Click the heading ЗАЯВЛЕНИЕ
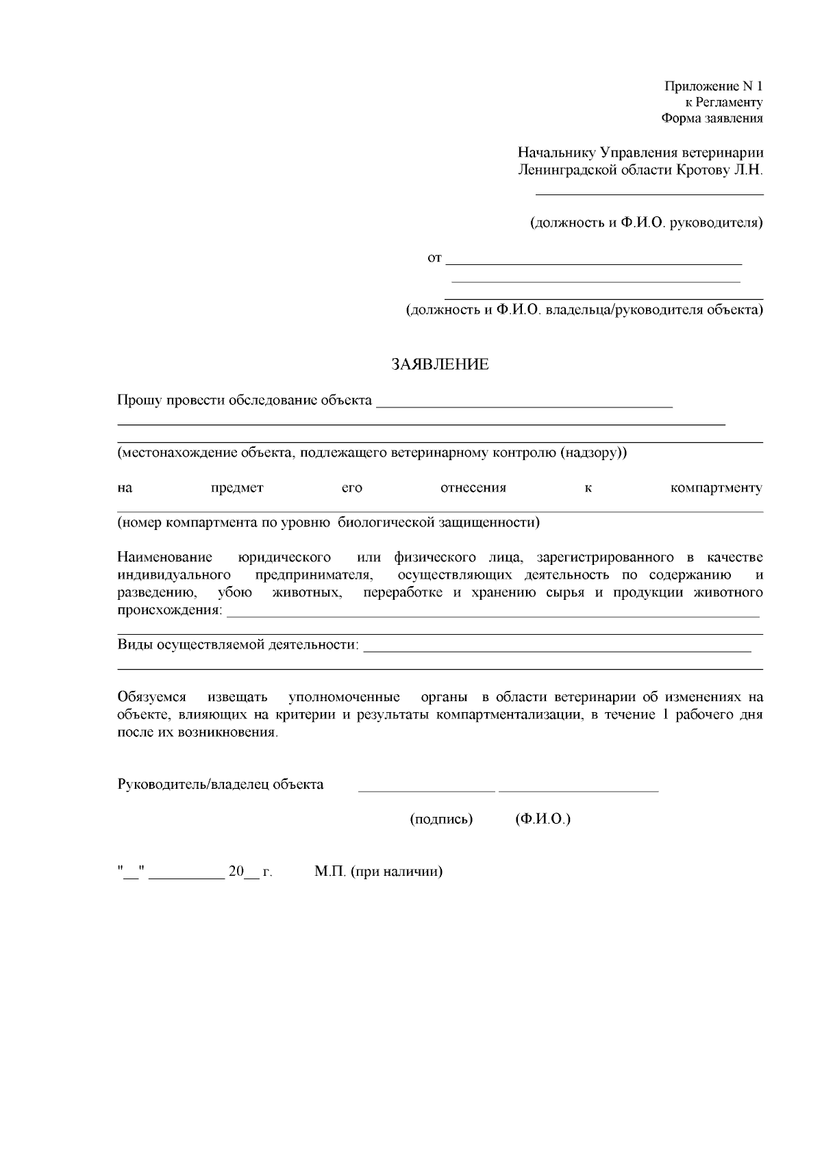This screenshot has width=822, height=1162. [x=440, y=364]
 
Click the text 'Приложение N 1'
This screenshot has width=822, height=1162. [x=713, y=86]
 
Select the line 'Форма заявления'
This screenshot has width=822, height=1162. [x=712, y=118]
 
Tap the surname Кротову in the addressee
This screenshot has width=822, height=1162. [x=702, y=169]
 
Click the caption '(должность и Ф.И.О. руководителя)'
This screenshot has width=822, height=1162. [x=647, y=223]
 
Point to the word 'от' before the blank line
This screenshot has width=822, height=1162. [x=434, y=258]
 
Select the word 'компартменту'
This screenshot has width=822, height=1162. [x=716, y=488]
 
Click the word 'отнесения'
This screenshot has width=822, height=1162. [x=473, y=488]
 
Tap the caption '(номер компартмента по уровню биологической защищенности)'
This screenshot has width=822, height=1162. [x=328, y=523]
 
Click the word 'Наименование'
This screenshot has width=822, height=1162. [x=165, y=557]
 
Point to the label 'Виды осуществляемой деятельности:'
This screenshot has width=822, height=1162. [x=238, y=644]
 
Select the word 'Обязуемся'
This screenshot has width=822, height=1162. [x=151, y=698]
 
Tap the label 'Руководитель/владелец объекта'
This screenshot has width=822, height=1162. [x=221, y=785]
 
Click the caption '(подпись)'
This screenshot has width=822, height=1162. [x=441, y=819]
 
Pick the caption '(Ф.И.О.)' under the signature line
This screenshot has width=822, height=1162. [x=543, y=819]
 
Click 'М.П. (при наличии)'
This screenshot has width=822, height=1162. [x=379, y=872]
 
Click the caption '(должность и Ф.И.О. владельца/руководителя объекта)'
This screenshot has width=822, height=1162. [x=585, y=310]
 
